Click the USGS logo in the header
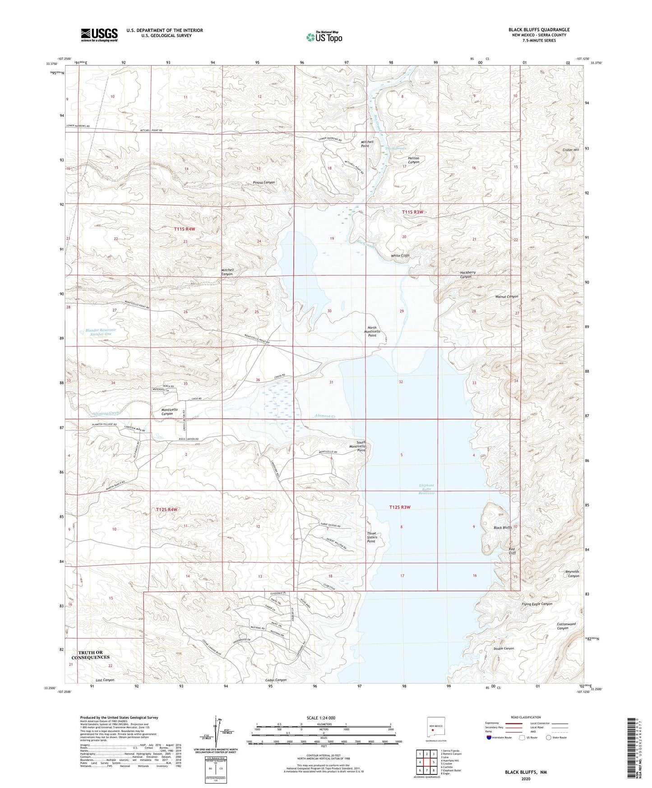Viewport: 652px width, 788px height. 99,34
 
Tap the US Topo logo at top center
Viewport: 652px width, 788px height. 324,37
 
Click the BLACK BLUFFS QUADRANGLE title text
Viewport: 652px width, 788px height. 539,30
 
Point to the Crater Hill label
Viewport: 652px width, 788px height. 570,150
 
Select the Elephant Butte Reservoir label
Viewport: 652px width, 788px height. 426,489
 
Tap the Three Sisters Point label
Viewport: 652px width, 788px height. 371,537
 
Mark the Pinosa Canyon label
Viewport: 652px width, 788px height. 264,182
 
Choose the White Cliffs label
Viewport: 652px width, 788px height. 400,255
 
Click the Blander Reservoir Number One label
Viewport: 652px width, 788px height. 101,332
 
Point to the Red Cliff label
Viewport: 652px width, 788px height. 512,551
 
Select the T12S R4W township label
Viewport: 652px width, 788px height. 166,510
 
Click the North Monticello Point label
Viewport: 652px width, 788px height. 372,332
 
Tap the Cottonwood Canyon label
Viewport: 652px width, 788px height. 566,626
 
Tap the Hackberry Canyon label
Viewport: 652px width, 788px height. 467,274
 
